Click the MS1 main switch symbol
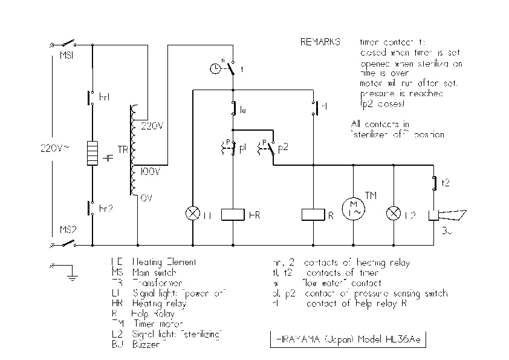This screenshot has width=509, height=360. point(68,44)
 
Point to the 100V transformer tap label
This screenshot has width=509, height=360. point(151,172)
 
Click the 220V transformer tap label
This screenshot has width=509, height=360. point(151,126)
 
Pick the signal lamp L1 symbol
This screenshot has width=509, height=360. point(192,214)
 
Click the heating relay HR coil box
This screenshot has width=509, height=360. point(233,214)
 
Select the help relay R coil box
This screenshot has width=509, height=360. point(313,214)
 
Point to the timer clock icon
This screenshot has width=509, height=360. point(216,68)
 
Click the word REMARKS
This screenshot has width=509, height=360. point(320,42)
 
